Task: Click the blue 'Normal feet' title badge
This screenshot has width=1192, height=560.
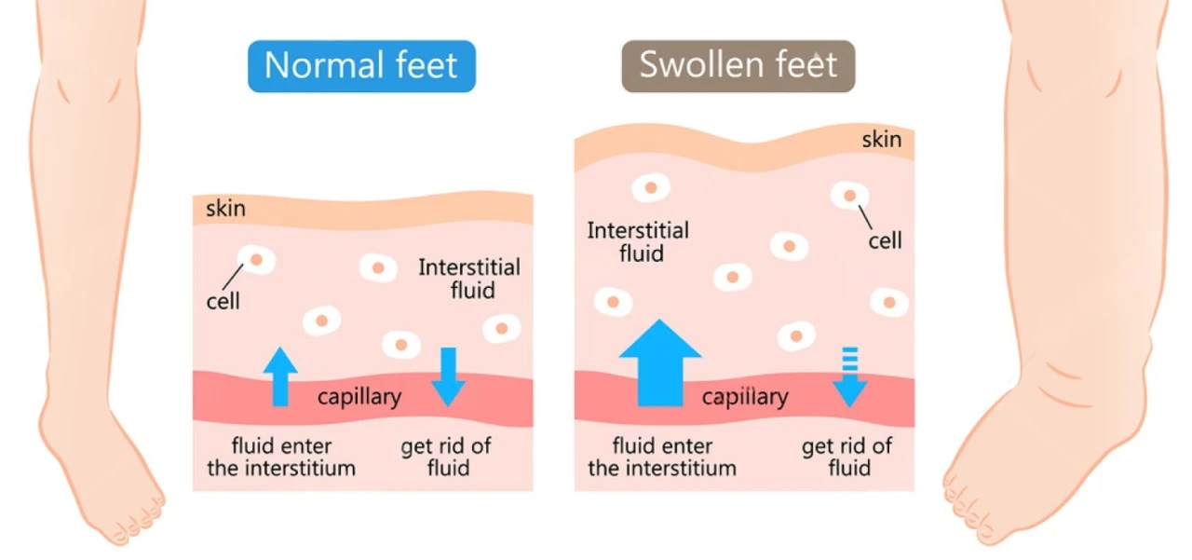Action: [x=361, y=66]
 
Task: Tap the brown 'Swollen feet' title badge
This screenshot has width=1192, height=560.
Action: [x=738, y=66]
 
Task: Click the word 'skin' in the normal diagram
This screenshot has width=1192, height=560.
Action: [x=225, y=208]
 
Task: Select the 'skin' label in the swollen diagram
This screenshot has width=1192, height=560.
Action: [x=881, y=140]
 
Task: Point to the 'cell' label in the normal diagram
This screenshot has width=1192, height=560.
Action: [x=223, y=300]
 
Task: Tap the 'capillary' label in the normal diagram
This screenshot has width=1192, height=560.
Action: [x=359, y=397]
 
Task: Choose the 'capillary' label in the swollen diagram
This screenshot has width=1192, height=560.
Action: [x=745, y=398]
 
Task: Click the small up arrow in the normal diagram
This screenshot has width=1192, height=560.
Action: [x=280, y=375]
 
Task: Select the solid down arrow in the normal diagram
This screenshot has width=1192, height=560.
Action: [x=448, y=376]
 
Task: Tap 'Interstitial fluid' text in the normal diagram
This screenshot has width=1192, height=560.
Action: [x=469, y=279]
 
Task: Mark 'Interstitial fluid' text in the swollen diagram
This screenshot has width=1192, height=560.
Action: [x=638, y=240]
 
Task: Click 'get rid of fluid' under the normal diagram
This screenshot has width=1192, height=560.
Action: [x=446, y=457]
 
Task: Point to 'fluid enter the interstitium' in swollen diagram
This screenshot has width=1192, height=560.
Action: [x=662, y=457]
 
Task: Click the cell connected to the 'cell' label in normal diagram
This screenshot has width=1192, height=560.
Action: [x=256, y=260]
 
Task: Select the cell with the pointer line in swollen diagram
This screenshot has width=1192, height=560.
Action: [x=850, y=196]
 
